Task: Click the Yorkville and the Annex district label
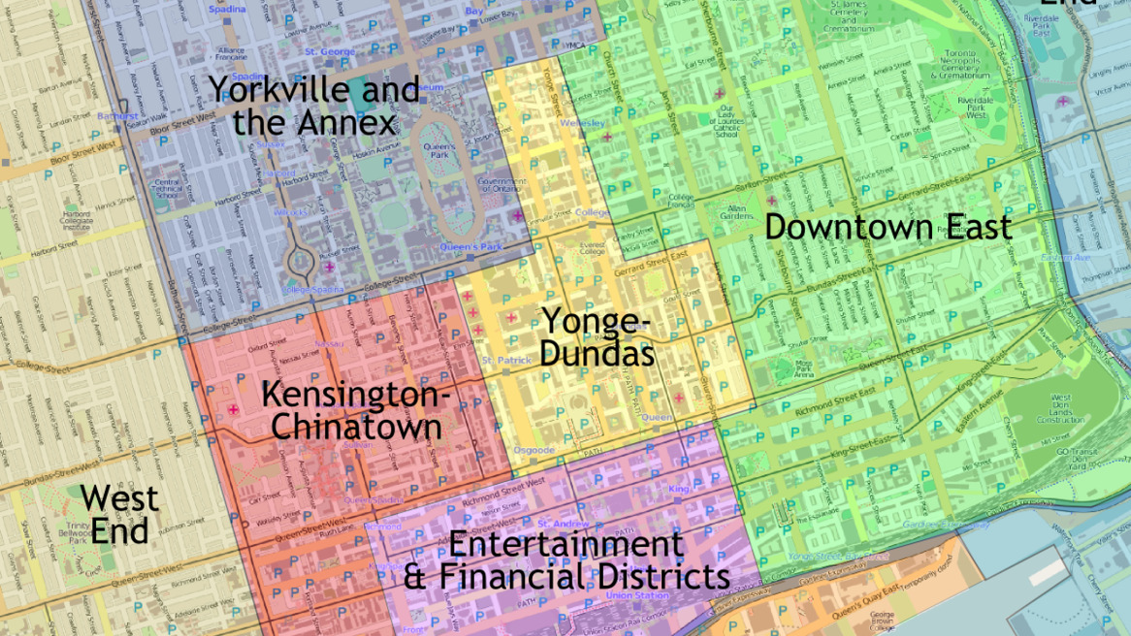click(x=314, y=106)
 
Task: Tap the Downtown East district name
click(x=888, y=227)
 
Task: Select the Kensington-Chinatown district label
click(x=356, y=410)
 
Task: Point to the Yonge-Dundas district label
click(x=597, y=336)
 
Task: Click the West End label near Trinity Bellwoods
click(x=119, y=514)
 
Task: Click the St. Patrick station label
click(x=506, y=361)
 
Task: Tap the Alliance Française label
click(x=232, y=53)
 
